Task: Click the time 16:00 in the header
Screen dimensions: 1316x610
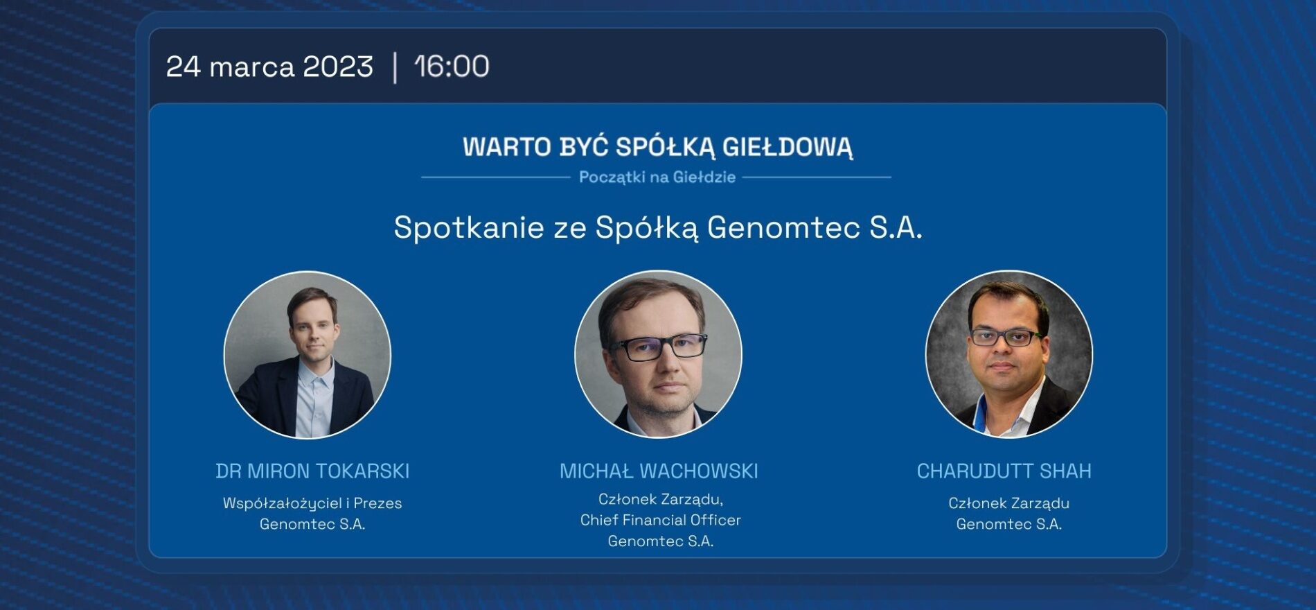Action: tap(452, 67)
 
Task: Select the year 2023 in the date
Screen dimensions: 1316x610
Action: tap(338, 67)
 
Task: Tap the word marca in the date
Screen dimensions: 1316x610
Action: tap(252, 67)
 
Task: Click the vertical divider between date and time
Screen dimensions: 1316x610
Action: tap(395, 67)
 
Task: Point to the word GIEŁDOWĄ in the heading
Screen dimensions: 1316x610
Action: tap(788, 148)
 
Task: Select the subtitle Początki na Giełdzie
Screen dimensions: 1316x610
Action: tap(657, 177)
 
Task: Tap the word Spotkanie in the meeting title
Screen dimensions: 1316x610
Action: tap(469, 227)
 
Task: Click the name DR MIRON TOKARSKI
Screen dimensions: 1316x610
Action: tap(312, 471)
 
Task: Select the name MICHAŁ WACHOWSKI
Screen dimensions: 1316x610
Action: tap(659, 471)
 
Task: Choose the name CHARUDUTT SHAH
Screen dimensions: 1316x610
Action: tap(1004, 471)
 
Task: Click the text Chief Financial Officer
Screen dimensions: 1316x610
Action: tap(661, 520)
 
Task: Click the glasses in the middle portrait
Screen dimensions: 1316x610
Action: tap(659, 346)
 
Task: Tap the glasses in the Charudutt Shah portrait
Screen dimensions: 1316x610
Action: tap(1006, 338)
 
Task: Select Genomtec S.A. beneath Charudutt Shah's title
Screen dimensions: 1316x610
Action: tap(1008, 525)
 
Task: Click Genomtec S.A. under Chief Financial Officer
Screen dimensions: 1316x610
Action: tap(661, 541)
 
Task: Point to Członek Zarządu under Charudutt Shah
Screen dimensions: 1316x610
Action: tap(1008, 504)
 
